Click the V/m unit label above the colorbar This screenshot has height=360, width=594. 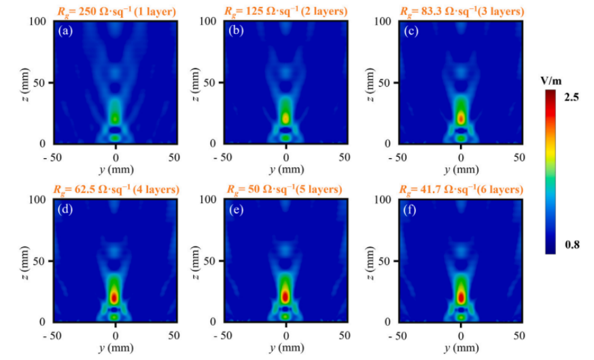[x=551, y=80]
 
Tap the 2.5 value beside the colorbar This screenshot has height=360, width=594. [x=571, y=97]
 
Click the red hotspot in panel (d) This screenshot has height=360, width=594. [x=114, y=297]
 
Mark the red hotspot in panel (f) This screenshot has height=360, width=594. [x=461, y=296]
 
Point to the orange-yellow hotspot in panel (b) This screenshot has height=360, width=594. [x=285, y=118]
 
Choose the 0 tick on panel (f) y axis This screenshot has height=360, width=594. [x=461, y=336]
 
